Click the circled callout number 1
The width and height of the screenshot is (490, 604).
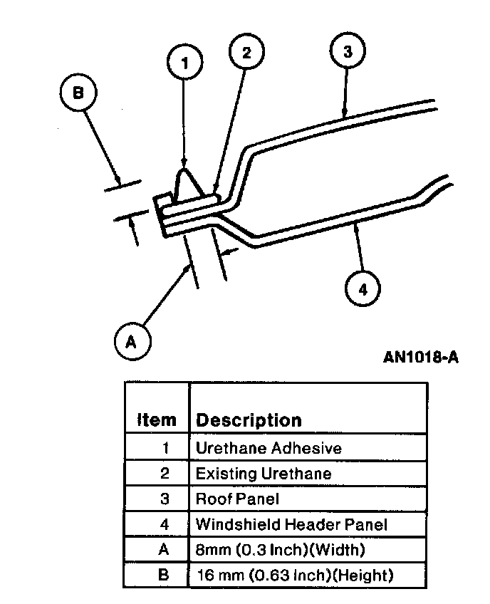(x=185, y=63)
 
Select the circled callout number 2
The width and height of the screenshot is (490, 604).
(x=246, y=52)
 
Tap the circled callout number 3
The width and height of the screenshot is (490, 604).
(x=347, y=51)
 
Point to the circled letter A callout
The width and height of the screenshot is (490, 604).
(x=130, y=342)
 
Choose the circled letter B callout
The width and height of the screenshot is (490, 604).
(x=78, y=93)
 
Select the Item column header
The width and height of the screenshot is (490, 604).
(x=156, y=420)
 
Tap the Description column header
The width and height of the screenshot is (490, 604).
(x=249, y=420)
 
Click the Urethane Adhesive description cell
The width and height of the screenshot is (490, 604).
(x=269, y=448)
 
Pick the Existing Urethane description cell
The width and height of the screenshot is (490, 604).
(x=264, y=473)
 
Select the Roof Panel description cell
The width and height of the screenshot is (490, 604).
(x=238, y=499)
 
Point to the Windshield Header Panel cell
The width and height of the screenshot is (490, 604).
(x=291, y=525)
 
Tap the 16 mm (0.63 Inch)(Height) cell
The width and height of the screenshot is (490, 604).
(x=294, y=575)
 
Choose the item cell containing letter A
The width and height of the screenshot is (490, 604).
(x=164, y=550)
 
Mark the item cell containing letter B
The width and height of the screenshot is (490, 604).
(x=164, y=575)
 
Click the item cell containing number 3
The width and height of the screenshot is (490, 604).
(x=164, y=499)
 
